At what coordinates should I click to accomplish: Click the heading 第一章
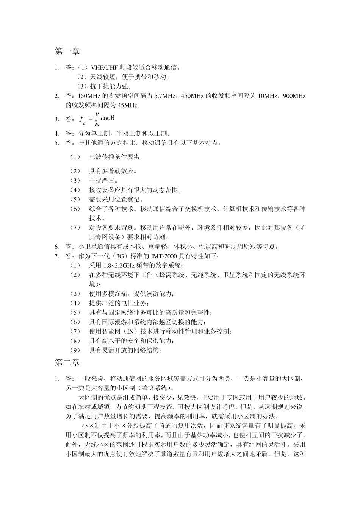[67, 51]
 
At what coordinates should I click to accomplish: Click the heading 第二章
[67, 362]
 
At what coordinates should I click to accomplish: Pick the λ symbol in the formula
[97, 123]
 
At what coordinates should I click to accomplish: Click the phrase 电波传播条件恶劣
[116, 157]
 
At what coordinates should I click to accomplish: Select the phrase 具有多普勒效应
[113, 171]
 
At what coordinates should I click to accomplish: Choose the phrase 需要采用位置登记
[116, 199]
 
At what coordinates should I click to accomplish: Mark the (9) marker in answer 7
[75, 350]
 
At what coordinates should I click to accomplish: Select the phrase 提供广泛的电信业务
[119, 303]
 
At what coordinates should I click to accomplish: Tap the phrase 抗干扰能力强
[106, 86]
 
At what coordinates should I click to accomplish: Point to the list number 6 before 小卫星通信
[56, 247]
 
